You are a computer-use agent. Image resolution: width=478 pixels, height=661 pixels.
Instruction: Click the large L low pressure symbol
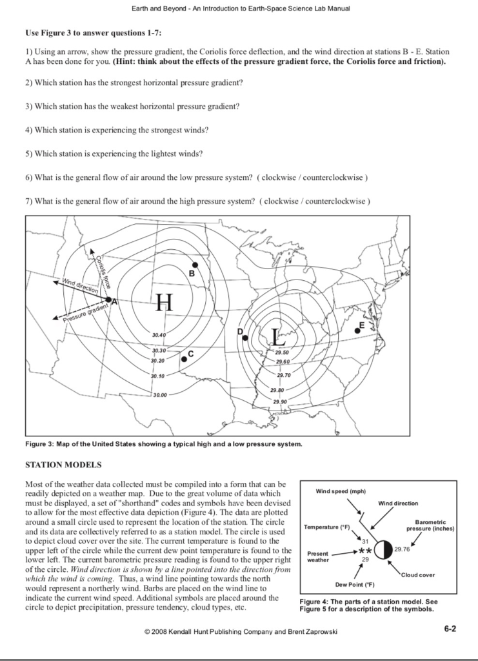(276, 336)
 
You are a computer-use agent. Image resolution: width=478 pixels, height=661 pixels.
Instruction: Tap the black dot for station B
(194, 265)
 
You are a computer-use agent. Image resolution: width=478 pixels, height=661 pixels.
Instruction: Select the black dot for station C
(184, 359)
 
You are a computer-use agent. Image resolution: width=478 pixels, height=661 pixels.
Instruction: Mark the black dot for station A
(108, 301)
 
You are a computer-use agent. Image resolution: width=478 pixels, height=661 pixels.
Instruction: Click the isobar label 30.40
(159, 336)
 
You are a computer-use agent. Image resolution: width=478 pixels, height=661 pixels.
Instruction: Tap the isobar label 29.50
(282, 352)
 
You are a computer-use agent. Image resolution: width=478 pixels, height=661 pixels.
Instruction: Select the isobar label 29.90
(281, 402)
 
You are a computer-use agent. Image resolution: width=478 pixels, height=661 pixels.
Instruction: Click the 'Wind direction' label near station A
(80, 285)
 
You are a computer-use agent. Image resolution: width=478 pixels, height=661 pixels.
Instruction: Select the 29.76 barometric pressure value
(402, 549)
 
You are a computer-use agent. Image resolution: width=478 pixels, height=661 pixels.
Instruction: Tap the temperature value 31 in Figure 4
(364, 540)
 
